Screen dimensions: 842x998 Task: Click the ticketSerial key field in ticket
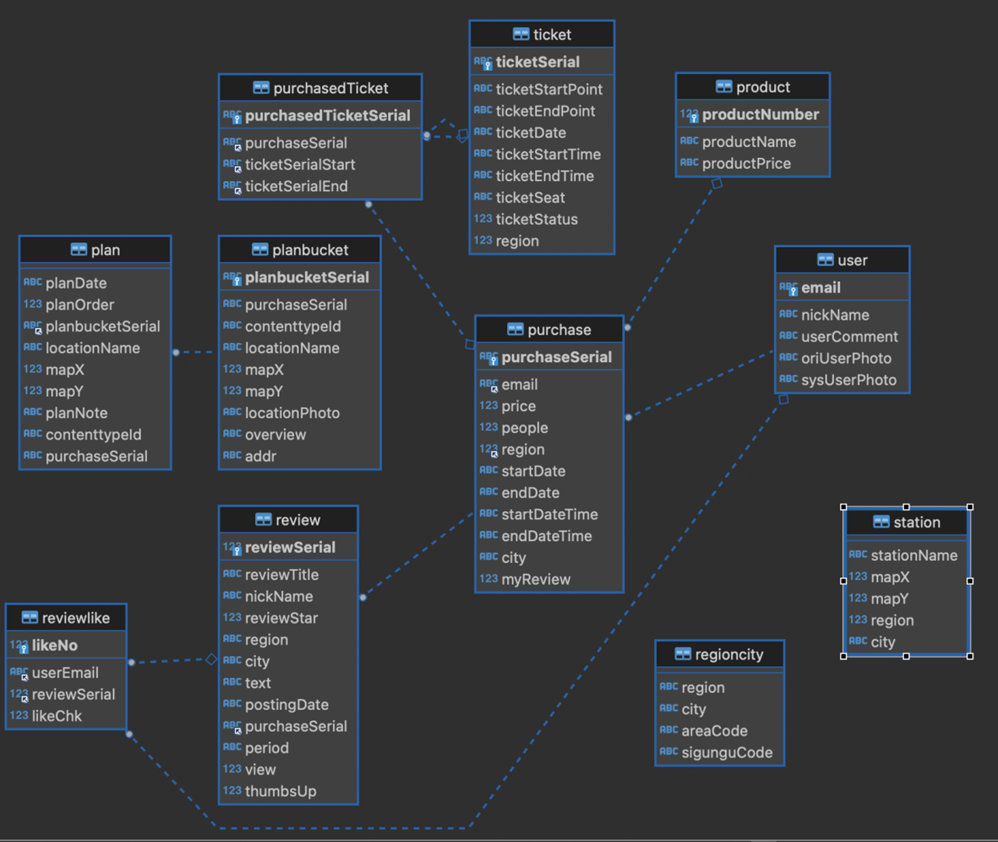[537, 62]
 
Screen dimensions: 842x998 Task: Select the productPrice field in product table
[746, 164]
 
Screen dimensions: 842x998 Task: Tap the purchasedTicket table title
[330, 88]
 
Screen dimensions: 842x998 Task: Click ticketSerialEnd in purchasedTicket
[296, 187]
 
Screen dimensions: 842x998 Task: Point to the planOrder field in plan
[80, 305]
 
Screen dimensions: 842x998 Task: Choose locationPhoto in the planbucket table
[292, 413]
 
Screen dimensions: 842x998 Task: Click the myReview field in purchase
[535, 580]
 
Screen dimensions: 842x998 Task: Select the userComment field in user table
[849, 337]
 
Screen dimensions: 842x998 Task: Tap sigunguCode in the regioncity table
[727, 752]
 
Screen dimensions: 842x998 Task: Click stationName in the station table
[913, 555]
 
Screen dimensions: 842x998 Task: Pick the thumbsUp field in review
[280, 791]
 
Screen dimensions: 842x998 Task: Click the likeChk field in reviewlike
[57, 716]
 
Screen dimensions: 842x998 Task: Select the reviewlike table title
[76, 618]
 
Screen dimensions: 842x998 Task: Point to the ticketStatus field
[536, 220]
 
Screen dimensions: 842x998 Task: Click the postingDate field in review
[286, 705]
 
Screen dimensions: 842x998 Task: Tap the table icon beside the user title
[825, 260]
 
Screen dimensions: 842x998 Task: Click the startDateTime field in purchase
[549, 514]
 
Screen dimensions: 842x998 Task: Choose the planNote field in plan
[76, 413]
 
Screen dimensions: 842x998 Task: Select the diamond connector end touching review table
[212, 659]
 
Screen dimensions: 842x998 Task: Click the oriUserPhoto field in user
[846, 359]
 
